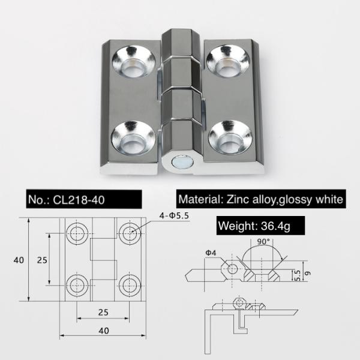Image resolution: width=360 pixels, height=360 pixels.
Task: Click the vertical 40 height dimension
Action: pos(19,260)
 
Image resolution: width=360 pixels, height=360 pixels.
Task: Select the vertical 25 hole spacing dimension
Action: pos(41,260)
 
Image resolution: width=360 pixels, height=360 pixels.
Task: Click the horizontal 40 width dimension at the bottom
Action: pos(104,331)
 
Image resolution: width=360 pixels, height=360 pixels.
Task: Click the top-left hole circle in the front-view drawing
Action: pos(76,233)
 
